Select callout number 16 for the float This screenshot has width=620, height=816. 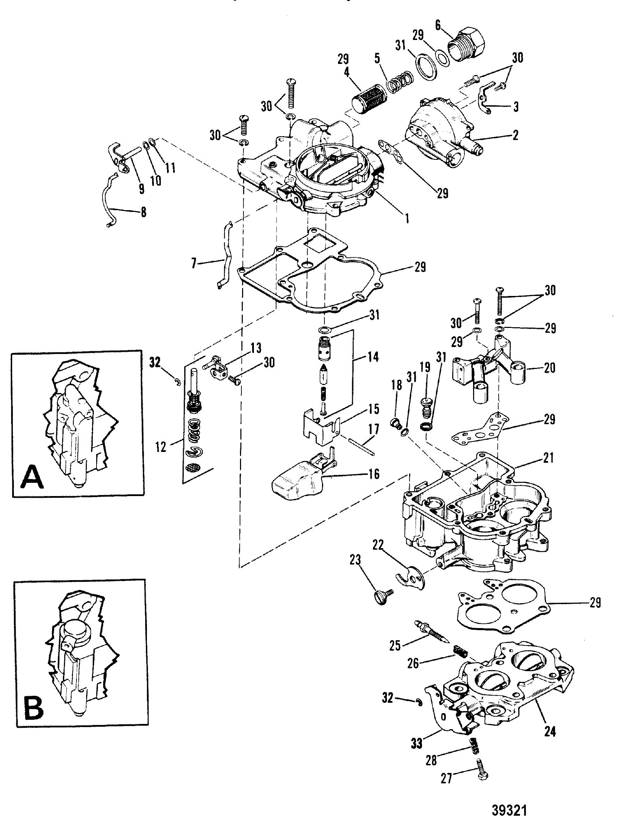click(x=374, y=474)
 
